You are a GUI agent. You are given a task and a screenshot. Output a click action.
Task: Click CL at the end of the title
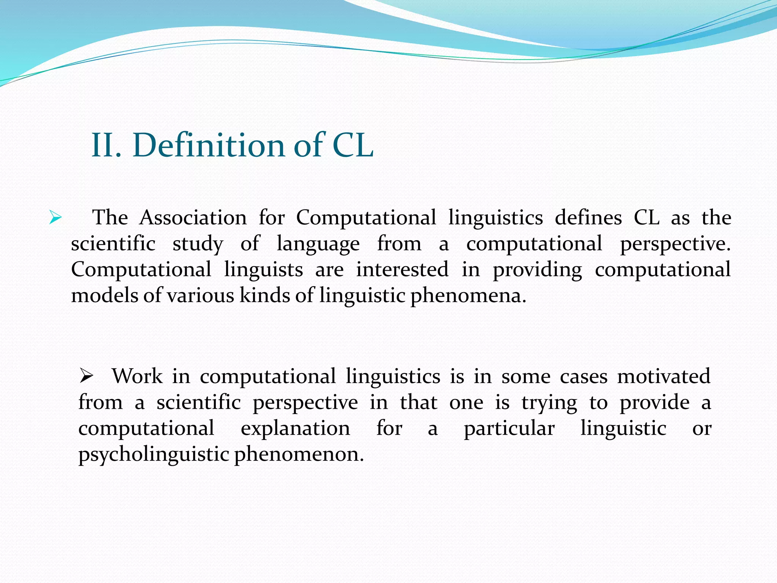(x=353, y=145)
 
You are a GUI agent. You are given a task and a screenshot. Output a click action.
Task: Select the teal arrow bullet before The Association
(x=55, y=218)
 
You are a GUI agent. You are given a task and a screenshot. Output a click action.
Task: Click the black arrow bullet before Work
(x=87, y=377)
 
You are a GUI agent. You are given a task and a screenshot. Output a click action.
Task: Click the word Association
(x=193, y=218)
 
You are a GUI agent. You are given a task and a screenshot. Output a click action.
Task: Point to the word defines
(x=588, y=218)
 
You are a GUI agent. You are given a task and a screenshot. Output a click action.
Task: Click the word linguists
(x=263, y=269)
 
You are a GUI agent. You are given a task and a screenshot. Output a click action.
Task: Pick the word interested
(x=402, y=269)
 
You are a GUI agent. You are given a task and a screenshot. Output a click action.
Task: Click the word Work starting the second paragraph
(x=137, y=377)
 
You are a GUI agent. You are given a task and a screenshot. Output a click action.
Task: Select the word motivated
(x=664, y=377)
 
